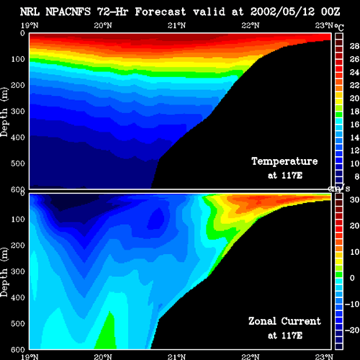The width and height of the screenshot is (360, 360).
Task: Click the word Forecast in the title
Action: [x=161, y=12]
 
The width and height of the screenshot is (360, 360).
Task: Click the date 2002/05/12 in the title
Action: [x=282, y=12]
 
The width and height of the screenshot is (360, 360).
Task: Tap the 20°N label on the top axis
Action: [x=103, y=25]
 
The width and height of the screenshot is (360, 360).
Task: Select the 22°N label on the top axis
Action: [x=251, y=25]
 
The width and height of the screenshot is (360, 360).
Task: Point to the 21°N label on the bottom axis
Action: [x=176, y=356]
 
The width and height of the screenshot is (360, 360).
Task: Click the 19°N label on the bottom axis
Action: [x=30, y=356]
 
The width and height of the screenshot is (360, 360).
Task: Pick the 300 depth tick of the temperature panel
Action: [x=18, y=111]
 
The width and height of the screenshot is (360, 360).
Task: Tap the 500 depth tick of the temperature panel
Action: [x=18, y=163]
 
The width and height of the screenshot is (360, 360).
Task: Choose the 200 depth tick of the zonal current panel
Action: [x=18, y=246]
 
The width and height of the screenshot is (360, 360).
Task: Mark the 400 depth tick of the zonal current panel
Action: [x=18, y=297]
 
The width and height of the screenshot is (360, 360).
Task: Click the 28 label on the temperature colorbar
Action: [x=354, y=46]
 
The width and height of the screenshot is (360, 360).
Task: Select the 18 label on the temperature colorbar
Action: [x=354, y=112]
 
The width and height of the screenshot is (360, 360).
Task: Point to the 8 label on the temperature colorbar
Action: [x=356, y=176]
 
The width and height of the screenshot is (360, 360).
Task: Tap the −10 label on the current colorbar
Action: [x=352, y=304]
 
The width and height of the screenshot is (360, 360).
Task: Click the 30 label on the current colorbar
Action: [x=354, y=199]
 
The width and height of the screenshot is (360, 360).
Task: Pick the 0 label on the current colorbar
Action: [x=352, y=278]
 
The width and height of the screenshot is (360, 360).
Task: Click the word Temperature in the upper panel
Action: [x=284, y=161]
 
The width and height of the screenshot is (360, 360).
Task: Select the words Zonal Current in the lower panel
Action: [x=284, y=321]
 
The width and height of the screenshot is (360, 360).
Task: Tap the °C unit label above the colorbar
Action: [x=339, y=27]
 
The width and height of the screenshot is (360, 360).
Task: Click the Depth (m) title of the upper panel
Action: [x=4, y=112]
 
